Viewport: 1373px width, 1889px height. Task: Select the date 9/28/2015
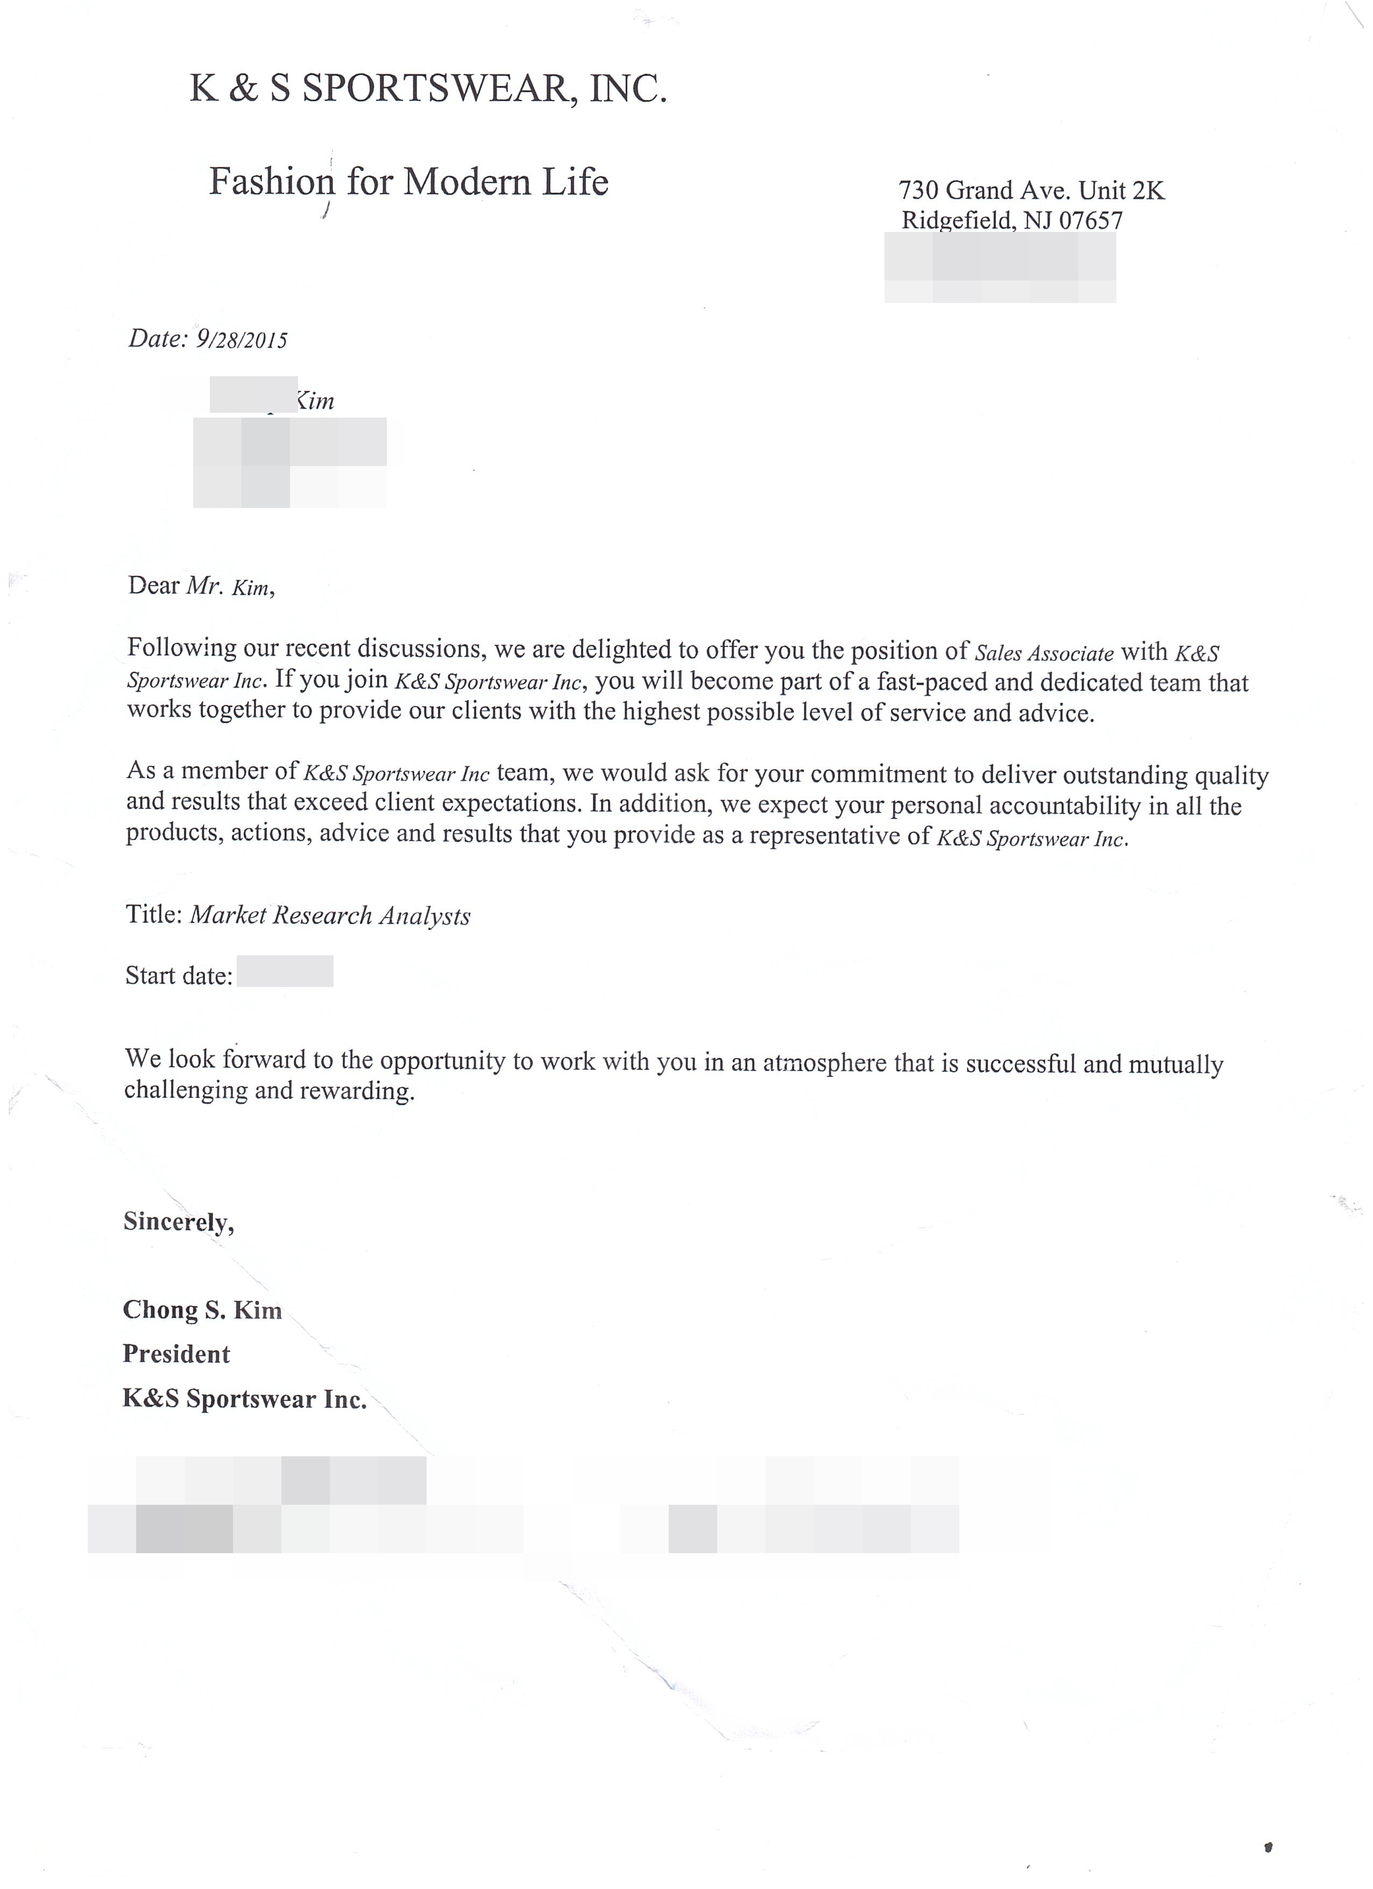point(242,339)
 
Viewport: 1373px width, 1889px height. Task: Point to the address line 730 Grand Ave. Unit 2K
point(1031,191)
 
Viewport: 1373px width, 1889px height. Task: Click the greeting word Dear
point(153,586)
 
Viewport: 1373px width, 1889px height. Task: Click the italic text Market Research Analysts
point(330,915)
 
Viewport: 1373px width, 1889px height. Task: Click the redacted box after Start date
point(285,971)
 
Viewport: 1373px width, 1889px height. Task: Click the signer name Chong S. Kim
point(202,1310)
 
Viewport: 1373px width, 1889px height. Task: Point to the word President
point(176,1354)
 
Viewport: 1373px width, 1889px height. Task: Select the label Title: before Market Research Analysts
point(154,914)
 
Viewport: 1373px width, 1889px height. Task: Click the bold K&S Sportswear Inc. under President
point(245,1399)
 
